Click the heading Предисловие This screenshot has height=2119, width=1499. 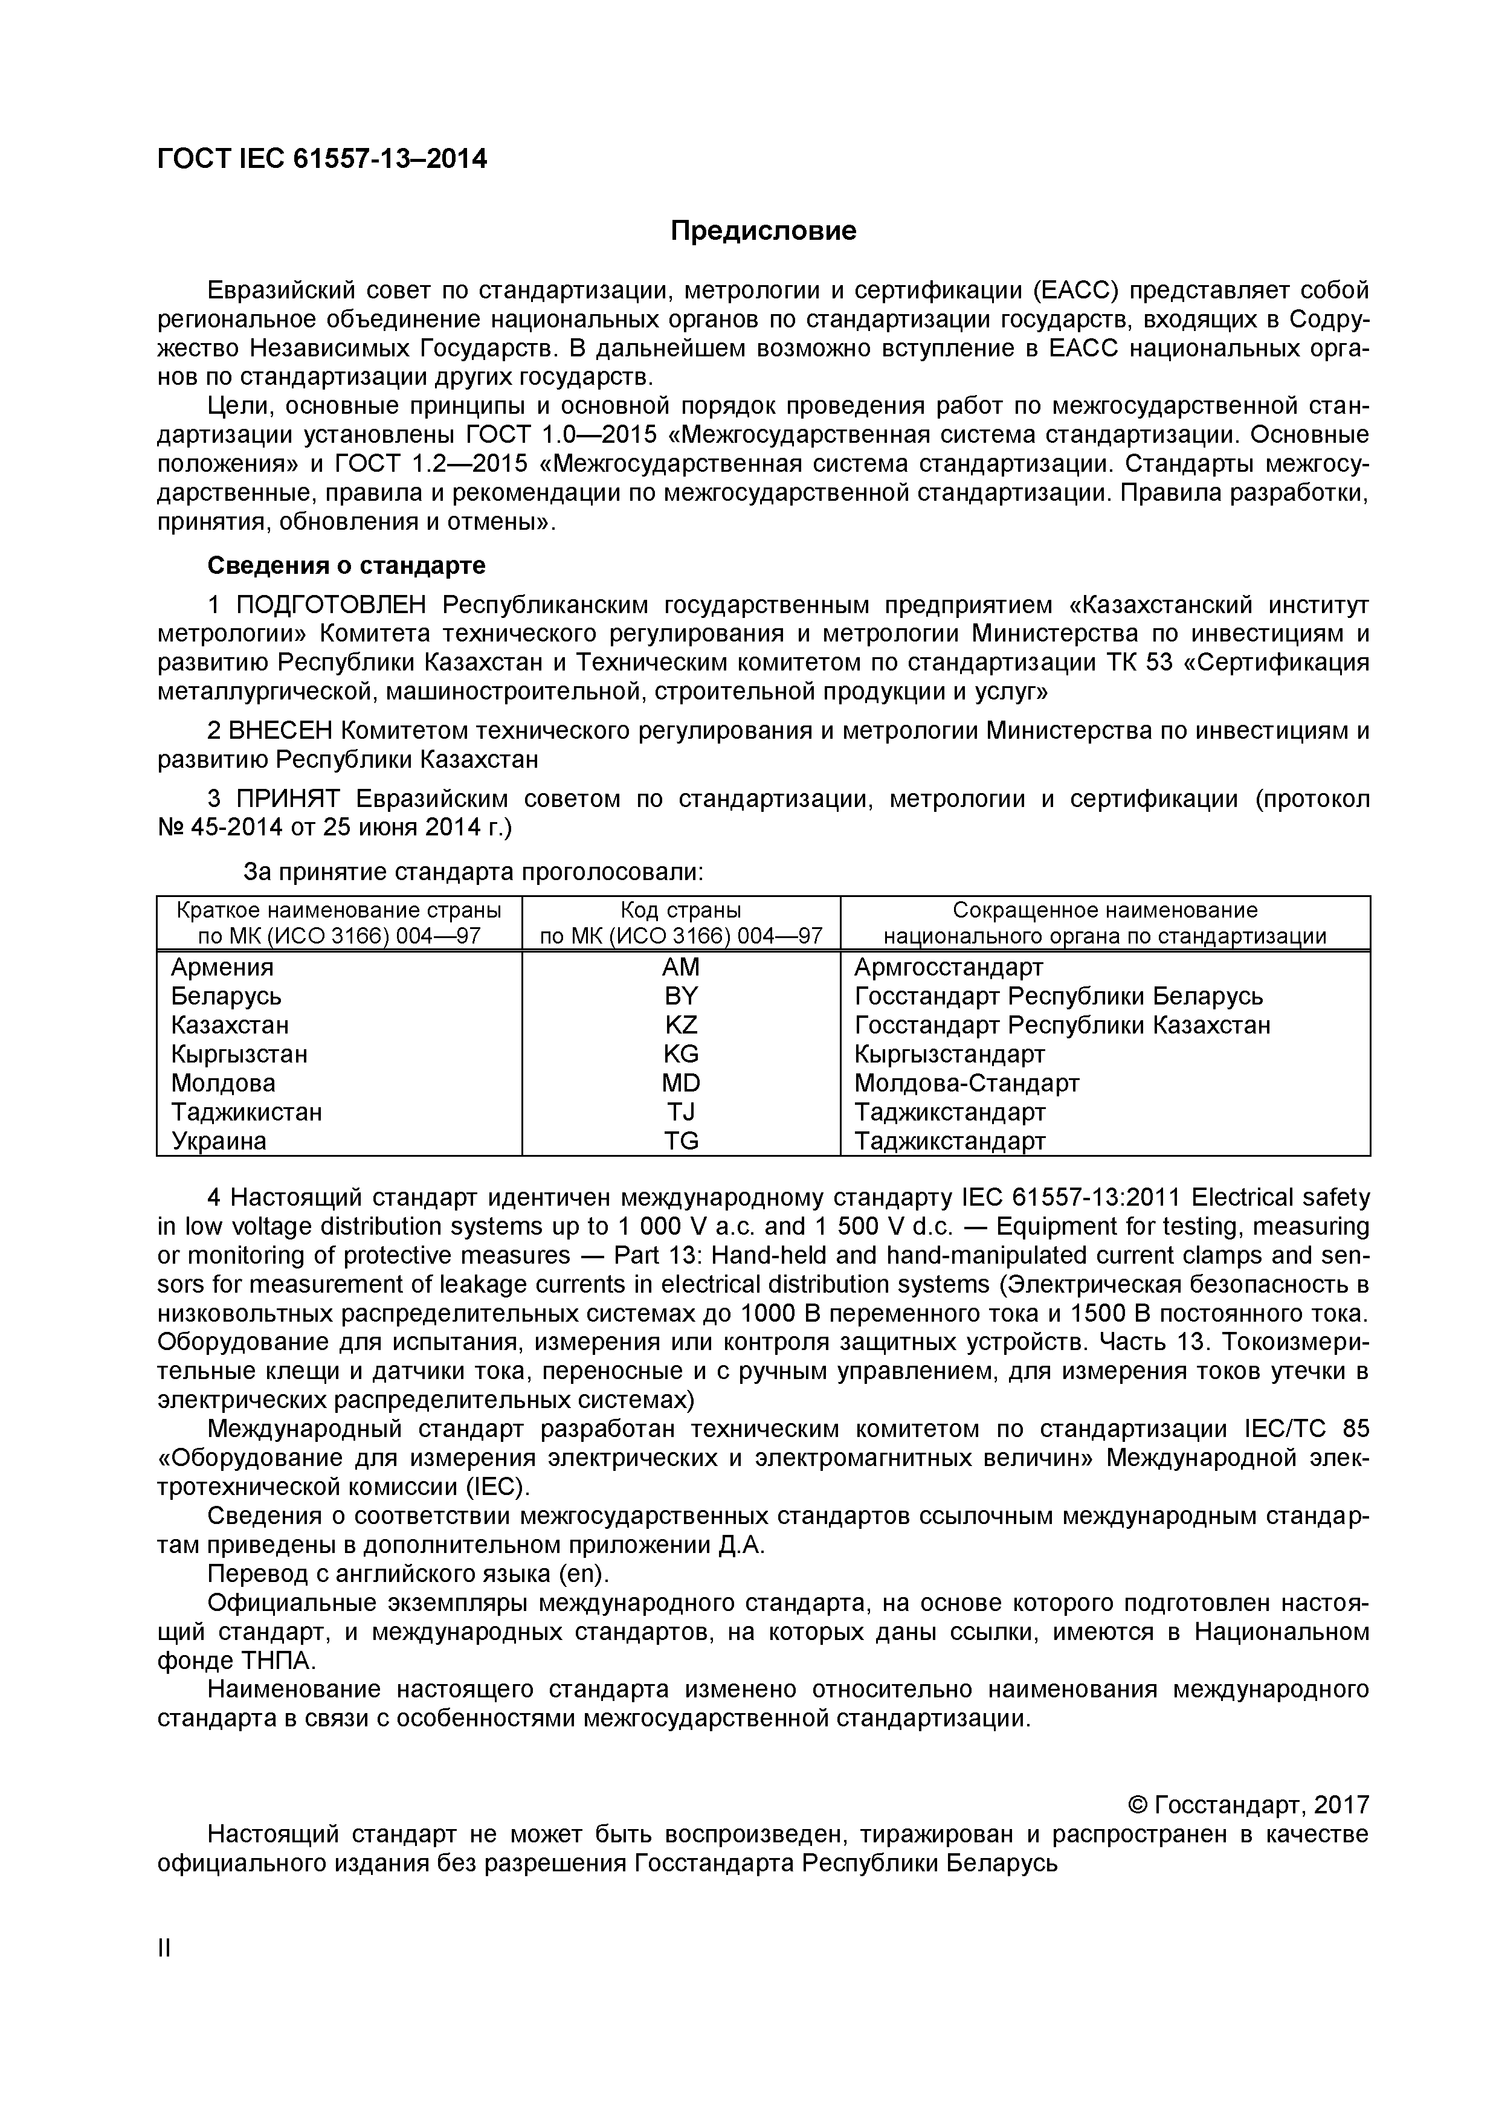pos(762,231)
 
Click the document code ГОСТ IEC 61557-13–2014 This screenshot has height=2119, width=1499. pos(322,159)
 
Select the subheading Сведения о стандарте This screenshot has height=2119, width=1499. pos(346,565)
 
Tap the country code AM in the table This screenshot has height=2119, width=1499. pos(681,967)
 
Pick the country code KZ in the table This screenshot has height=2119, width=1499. pos(681,1024)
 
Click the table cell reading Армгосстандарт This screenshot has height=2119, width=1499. pos(949,967)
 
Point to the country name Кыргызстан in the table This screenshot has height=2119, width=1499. pos(239,1054)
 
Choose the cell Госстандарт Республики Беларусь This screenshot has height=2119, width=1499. pos(1058,996)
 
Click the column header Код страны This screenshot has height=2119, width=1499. pos(681,910)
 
